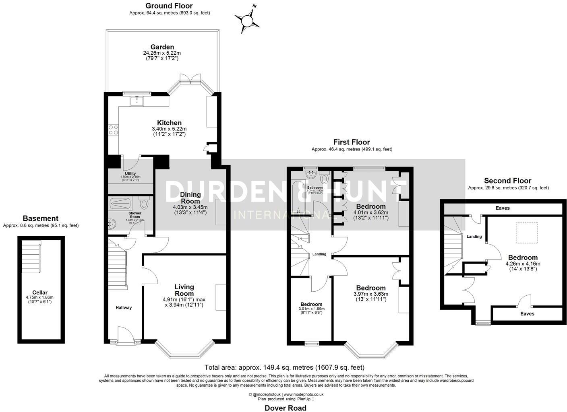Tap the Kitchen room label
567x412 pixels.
[169, 123]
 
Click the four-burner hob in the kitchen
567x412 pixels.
[113, 130]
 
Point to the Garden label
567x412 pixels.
[162, 47]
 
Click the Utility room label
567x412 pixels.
[130, 173]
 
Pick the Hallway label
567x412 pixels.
[124, 307]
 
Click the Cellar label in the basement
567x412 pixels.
[39, 293]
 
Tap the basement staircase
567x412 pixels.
[31, 257]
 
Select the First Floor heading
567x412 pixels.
[351, 142]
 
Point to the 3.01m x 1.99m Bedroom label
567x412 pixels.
[311, 304]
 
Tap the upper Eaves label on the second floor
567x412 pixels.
[503, 208]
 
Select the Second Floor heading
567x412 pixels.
[507, 181]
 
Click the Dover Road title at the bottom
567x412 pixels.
[285, 408]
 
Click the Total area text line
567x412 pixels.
[284, 367]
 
